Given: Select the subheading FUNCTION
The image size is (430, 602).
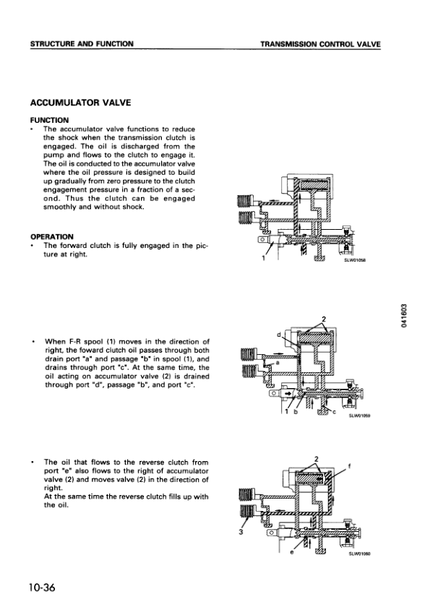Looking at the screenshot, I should (49, 119).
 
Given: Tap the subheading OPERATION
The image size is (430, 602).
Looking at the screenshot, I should (53, 236).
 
